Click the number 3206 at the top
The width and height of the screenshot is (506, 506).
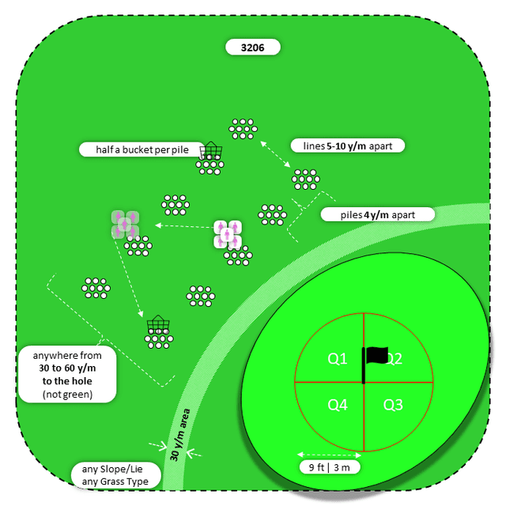tap(252, 47)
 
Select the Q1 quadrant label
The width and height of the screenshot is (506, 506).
tap(338, 359)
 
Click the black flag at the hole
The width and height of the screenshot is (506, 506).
tap(375, 357)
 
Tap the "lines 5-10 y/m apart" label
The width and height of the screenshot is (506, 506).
tap(348, 145)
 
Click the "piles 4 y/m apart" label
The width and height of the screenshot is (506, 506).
tap(378, 214)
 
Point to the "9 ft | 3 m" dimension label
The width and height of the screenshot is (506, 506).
tap(330, 466)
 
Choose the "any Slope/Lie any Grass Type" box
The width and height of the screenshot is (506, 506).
tap(115, 475)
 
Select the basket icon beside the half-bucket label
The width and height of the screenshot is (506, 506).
tap(211, 150)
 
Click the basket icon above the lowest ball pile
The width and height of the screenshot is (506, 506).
tap(158, 324)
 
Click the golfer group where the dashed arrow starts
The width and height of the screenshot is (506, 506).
tap(228, 232)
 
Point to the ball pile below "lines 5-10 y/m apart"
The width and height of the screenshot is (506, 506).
tap(305, 179)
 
